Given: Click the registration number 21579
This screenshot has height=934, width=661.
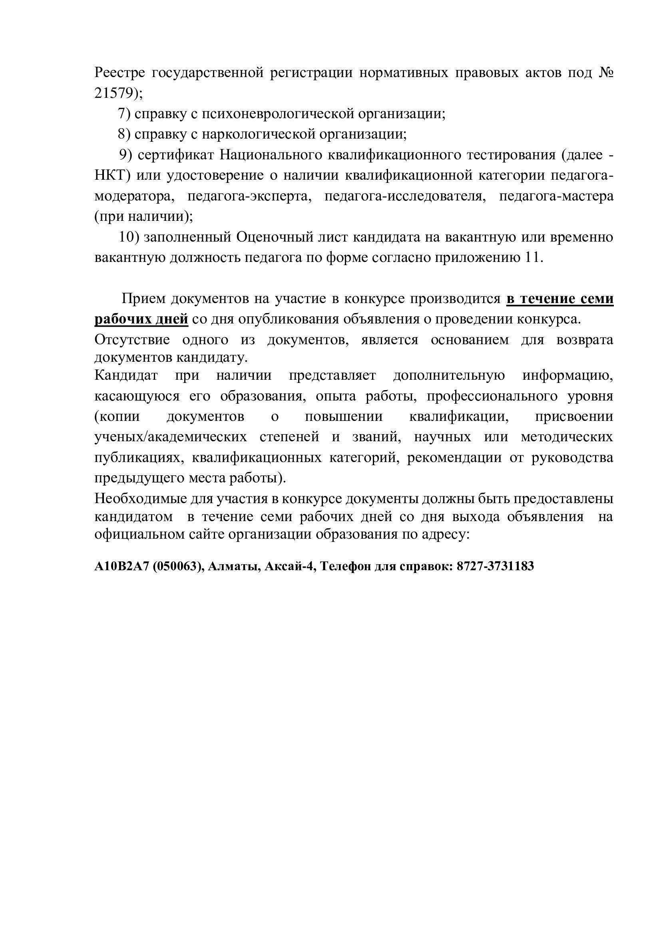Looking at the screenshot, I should point(114,93).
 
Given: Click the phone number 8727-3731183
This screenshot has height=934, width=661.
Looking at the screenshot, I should point(495,566).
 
